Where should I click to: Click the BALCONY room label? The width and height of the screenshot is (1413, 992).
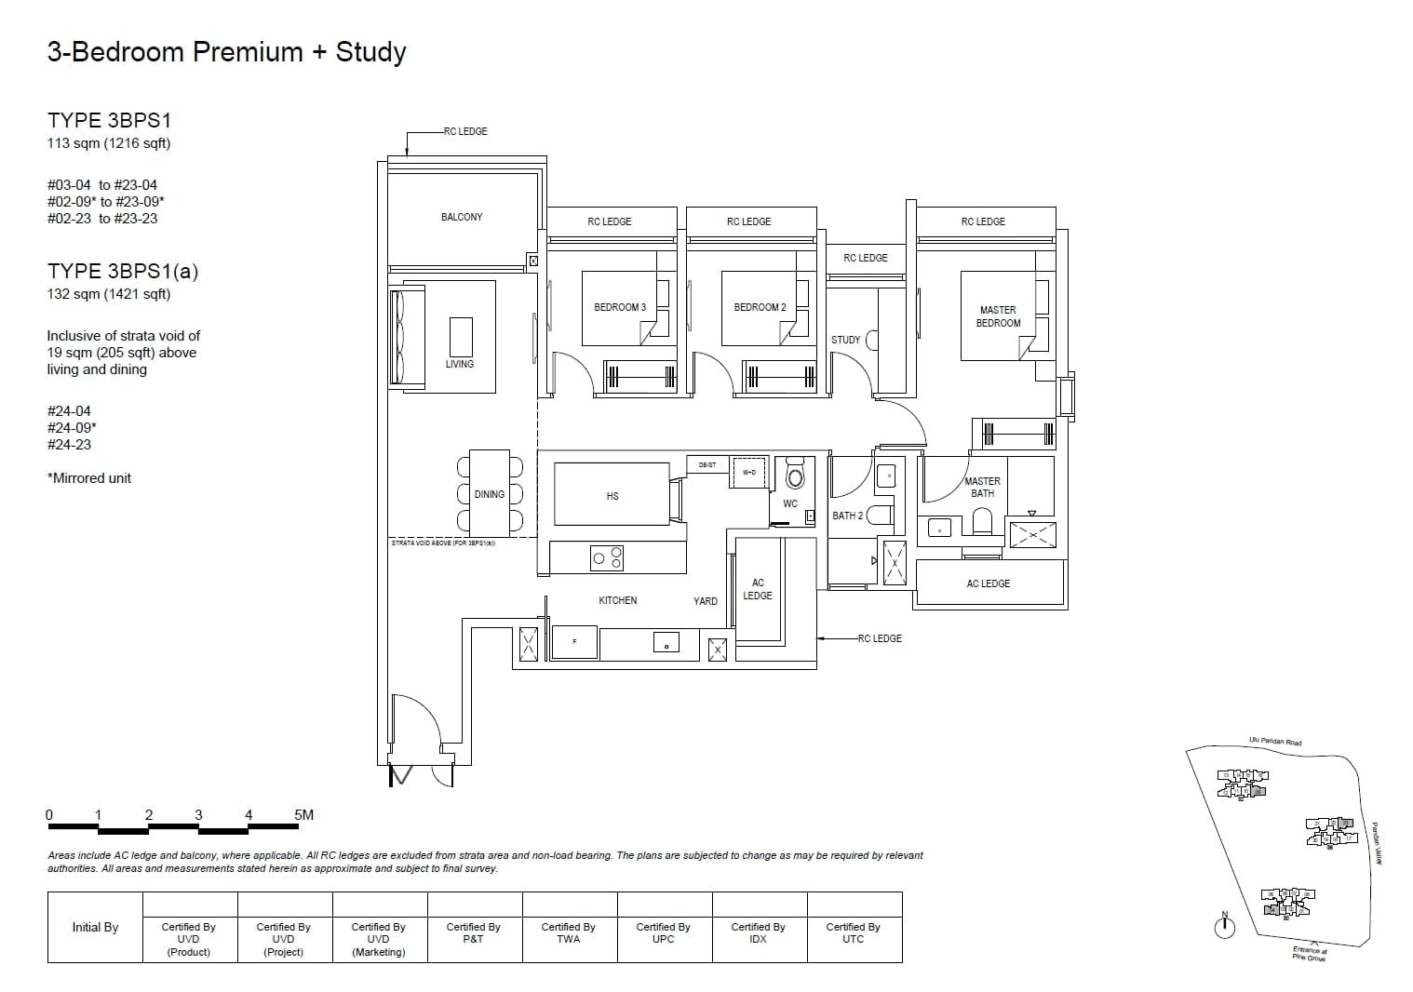pyautogui.click(x=462, y=217)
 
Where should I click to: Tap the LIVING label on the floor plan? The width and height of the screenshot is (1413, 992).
pyautogui.click(x=459, y=364)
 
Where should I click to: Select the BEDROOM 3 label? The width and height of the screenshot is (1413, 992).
pyautogui.click(x=620, y=307)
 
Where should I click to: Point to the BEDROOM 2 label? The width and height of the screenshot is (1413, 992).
pyautogui.click(x=760, y=307)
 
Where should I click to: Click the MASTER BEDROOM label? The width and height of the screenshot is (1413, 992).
pyautogui.click(x=998, y=316)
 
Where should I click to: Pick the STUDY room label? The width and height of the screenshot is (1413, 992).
pyautogui.click(x=845, y=340)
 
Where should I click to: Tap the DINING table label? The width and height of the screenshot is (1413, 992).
pyautogui.click(x=489, y=494)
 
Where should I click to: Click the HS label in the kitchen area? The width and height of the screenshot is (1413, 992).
pyautogui.click(x=612, y=496)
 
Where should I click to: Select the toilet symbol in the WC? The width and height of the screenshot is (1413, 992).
pyautogui.click(x=795, y=476)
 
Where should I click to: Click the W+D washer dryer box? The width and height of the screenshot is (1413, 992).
pyautogui.click(x=748, y=473)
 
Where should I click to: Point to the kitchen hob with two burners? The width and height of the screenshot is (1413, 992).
pyautogui.click(x=607, y=558)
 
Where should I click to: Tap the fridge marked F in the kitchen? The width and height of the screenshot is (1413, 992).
pyautogui.click(x=573, y=642)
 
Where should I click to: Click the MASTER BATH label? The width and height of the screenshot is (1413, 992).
pyautogui.click(x=982, y=487)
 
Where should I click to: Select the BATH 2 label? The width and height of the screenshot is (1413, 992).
pyautogui.click(x=847, y=516)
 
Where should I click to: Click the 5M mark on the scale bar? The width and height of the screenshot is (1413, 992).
pyautogui.click(x=303, y=815)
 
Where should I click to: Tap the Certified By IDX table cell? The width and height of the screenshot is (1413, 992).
pyautogui.click(x=759, y=932)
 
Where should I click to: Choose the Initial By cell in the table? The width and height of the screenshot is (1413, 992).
pyautogui.click(x=95, y=927)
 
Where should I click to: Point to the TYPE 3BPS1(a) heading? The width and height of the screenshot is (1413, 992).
pyautogui.click(x=123, y=271)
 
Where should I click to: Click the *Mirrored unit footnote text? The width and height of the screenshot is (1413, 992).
pyautogui.click(x=89, y=478)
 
